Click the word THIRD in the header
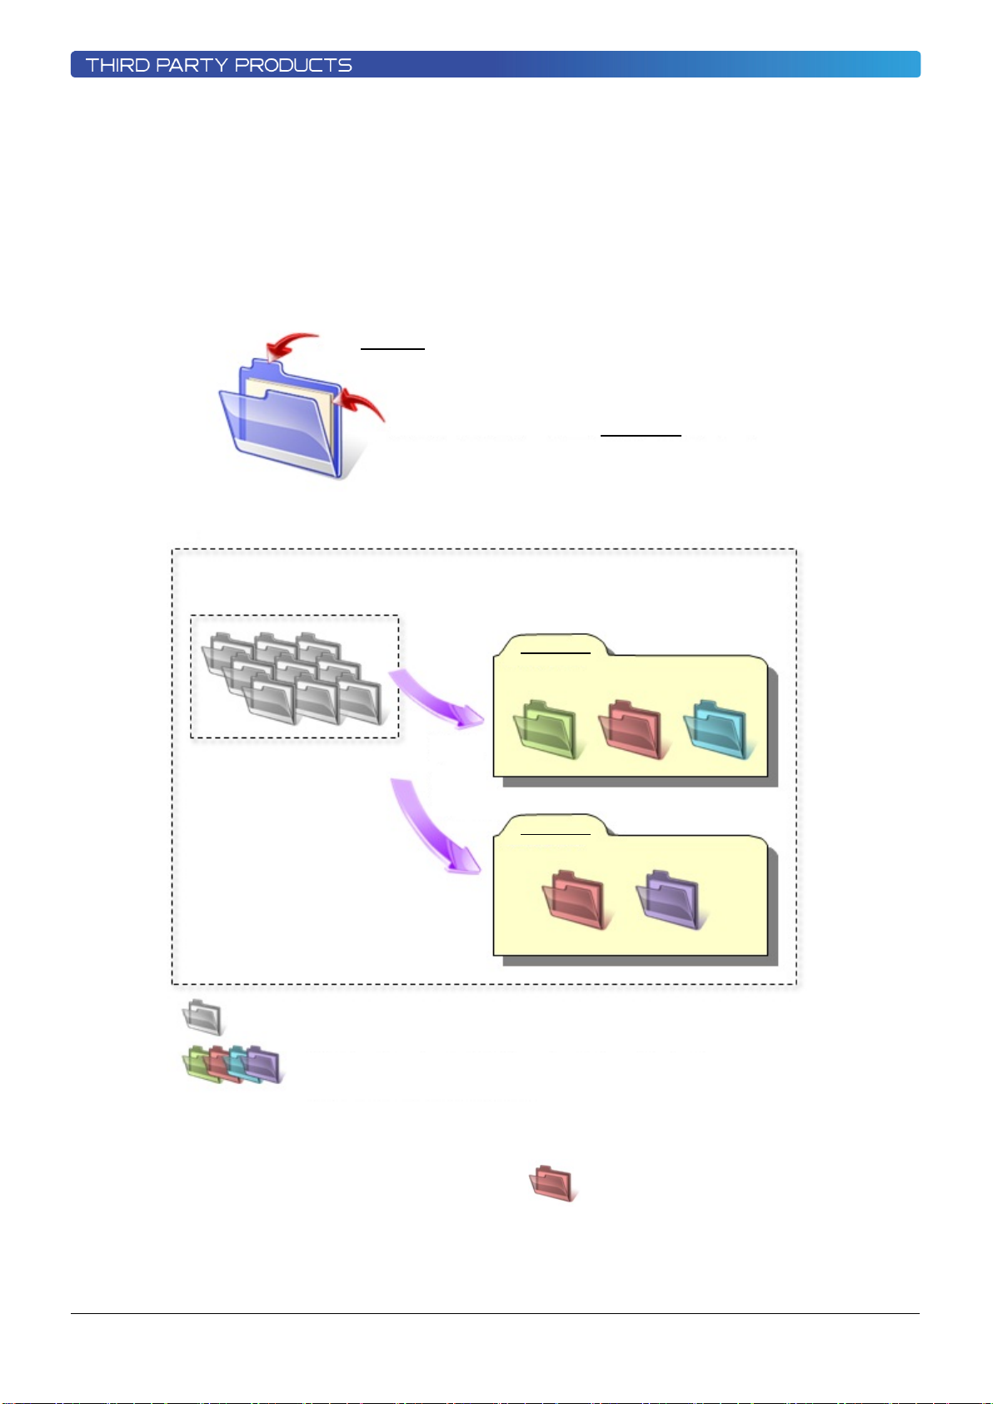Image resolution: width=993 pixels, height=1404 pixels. click(117, 65)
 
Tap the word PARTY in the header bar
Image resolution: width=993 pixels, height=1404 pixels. click(192, 65)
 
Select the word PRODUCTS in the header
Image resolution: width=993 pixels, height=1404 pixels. click(293, 65)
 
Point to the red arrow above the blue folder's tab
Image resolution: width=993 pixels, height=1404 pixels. click(291, 343)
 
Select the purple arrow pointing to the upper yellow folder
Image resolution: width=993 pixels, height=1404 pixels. click(436, 698)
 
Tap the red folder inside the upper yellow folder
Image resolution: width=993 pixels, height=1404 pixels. click(631, 730)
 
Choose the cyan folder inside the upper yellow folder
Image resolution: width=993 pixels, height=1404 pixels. click(716, 730)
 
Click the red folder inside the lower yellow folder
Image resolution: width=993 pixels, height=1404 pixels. click(575, 900)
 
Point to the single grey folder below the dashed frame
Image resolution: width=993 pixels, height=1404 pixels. click(202, 1017)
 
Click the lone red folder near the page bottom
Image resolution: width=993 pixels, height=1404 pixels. click(552, 1183)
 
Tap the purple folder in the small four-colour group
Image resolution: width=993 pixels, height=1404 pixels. click(264, 1065)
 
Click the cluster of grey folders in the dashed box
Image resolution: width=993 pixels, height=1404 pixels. click(293, 679)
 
